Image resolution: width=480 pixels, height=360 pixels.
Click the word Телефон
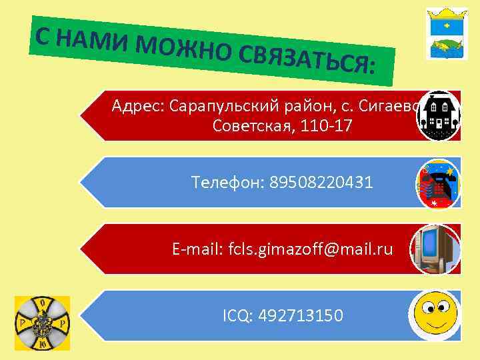tap(226, 181)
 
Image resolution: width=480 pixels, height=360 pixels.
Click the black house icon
tap(438, 115)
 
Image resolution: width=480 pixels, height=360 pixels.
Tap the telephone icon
tap(438, 183)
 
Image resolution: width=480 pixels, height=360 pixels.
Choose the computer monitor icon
tap(435, 249)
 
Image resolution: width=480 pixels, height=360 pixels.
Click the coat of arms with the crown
tap(445, 34)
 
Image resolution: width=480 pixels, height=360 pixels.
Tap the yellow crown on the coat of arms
tap(445, 14)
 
